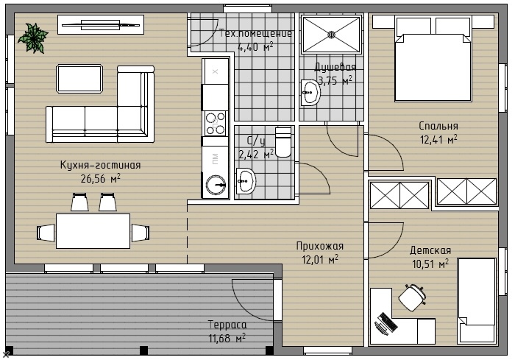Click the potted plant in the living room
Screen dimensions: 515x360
coord(33,38)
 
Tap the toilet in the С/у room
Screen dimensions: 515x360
coord(283,142)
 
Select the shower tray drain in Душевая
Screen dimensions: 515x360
coord(331,34)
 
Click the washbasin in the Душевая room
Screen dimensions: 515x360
coord(310,92)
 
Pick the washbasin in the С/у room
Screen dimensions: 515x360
coord(246,181)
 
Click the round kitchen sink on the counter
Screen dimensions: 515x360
coord(216,185)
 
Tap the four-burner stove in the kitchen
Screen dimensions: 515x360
coord(216,124)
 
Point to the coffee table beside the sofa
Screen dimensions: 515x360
coord(79,79)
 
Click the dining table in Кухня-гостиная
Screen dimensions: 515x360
coord(93,231)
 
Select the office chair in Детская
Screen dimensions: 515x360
coord(412,297)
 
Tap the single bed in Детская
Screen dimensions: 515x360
coord(477,300)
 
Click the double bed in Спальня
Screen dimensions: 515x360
coord(433,59)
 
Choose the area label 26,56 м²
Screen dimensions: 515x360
coord(101,178)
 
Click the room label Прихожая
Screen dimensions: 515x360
coord(320,246)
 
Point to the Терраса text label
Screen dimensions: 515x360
coord(227,325)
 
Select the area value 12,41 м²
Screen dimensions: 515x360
coord(438,139)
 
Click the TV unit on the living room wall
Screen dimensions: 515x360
coord(101,24)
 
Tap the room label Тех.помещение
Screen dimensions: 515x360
coord(255,33)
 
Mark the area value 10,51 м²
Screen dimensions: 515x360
coord(430,264)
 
